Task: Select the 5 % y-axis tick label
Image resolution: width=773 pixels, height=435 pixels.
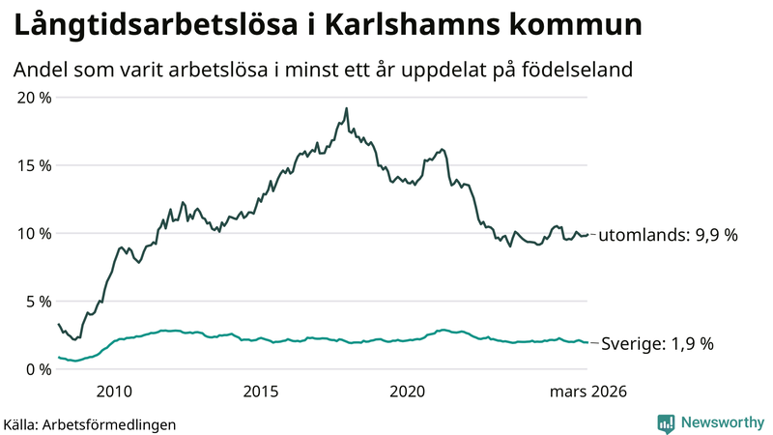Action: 36,302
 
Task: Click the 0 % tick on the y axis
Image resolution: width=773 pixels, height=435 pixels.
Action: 36,369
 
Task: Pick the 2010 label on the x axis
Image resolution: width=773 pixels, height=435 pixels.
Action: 114,391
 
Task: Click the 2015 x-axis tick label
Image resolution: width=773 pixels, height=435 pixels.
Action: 261,391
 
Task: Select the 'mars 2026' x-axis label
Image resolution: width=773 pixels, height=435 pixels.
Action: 587,391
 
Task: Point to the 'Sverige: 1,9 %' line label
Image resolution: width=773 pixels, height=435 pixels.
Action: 658,344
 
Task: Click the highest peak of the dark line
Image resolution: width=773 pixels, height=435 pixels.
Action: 346,108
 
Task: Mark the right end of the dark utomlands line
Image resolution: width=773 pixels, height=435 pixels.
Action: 588,234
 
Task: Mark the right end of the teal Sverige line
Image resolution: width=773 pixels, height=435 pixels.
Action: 588,342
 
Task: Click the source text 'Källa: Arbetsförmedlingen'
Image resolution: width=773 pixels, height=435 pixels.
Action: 90,423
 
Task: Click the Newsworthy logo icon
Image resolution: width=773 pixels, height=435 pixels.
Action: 666,422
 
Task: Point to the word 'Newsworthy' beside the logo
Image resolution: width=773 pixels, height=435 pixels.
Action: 723,422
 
